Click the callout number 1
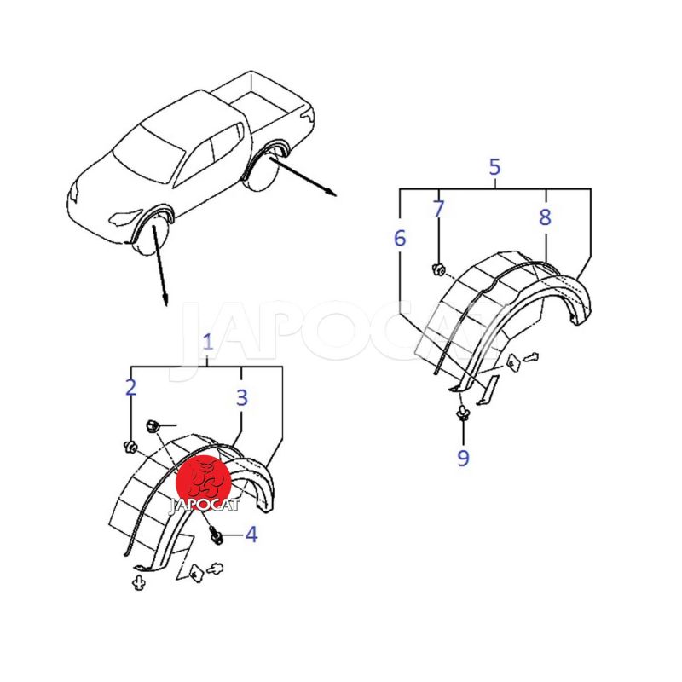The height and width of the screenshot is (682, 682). [208, 343]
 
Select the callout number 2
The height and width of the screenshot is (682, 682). [131, 388]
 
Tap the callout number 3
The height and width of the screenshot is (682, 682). [242, 397]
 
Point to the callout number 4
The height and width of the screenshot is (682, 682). [251, 535]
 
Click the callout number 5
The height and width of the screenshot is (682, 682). [495, 167]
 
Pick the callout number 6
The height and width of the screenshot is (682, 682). [400, 238]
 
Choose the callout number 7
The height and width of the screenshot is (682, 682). [438, 208]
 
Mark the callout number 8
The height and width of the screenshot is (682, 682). [545, 217]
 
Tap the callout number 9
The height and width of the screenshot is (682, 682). [463, 458]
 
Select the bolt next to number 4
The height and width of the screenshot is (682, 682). [216, 535]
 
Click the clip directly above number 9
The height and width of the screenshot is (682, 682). [462, 413]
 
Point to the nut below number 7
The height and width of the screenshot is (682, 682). [438, 269]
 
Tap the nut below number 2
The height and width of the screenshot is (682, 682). [130, 446]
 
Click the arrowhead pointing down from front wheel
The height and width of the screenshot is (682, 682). [165, 300]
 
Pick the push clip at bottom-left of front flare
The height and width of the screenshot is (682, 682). [139, 582]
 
